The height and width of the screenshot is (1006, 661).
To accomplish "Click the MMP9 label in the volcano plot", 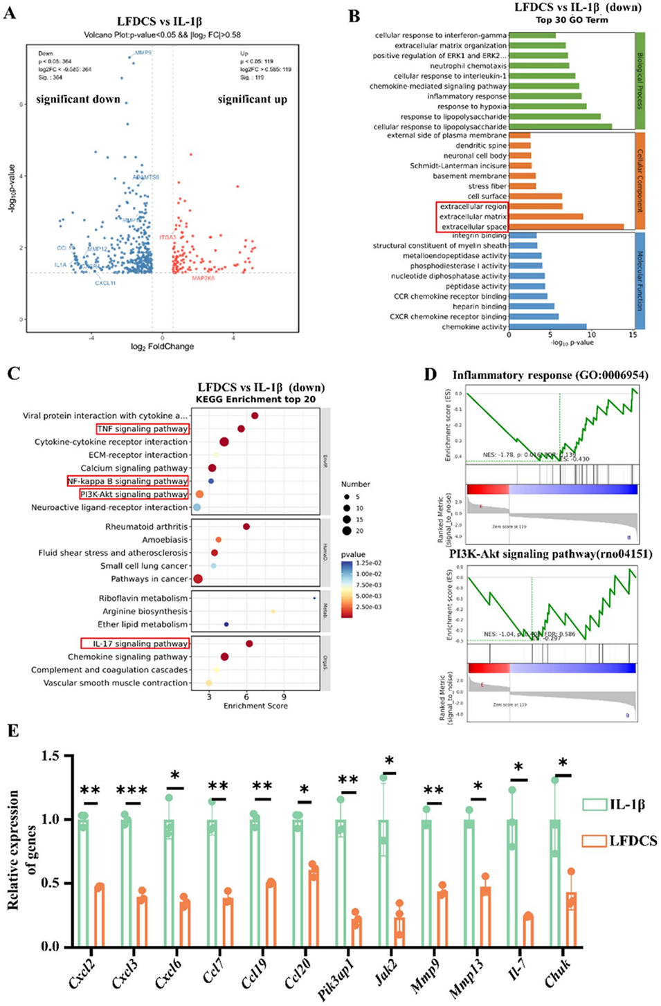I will coord(143,53).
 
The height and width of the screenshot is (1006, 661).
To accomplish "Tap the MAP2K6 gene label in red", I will coord(203,278).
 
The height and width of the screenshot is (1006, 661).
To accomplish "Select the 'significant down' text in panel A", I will coord(78,100).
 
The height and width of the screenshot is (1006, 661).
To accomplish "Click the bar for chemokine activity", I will coord(547,327).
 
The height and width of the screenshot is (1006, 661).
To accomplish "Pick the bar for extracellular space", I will coord(566,226).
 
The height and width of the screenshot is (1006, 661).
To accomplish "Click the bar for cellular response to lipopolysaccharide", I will coord(560,127).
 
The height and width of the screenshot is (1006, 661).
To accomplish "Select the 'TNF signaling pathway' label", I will coord(143,429).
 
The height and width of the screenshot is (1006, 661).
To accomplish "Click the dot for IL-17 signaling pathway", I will coord(249,643).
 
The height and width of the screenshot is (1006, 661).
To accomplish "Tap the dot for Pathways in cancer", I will coord(198,579).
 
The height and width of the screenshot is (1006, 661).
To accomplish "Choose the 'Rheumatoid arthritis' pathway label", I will coord(146,527).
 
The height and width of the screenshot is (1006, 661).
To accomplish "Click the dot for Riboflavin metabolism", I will coord(314,598).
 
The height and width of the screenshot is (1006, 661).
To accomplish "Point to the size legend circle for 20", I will coord(346,531).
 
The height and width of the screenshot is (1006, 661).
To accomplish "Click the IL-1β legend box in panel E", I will coord(594,805).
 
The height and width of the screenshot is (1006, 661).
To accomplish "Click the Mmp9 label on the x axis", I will coord(424,974).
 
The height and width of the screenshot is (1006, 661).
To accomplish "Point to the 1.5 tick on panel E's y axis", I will coord(50,756).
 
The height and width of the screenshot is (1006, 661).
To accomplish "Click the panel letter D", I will coord(431,374).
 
